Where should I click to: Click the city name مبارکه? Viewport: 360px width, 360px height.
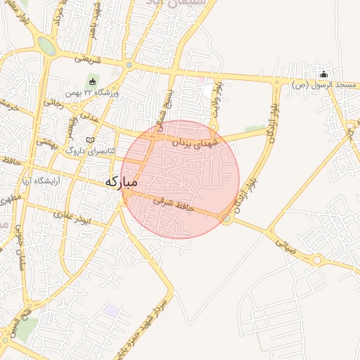[122, 181]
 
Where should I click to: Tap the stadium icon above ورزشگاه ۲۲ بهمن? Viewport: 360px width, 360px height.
[91, 82]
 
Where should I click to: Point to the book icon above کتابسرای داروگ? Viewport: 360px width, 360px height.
[89, 140]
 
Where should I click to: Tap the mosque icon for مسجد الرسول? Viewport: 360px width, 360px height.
[323, 75]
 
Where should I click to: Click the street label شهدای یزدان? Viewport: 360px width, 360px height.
[196, 143]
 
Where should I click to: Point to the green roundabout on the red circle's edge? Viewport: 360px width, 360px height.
[226, 219]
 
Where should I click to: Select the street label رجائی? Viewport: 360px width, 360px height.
[53, 103]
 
